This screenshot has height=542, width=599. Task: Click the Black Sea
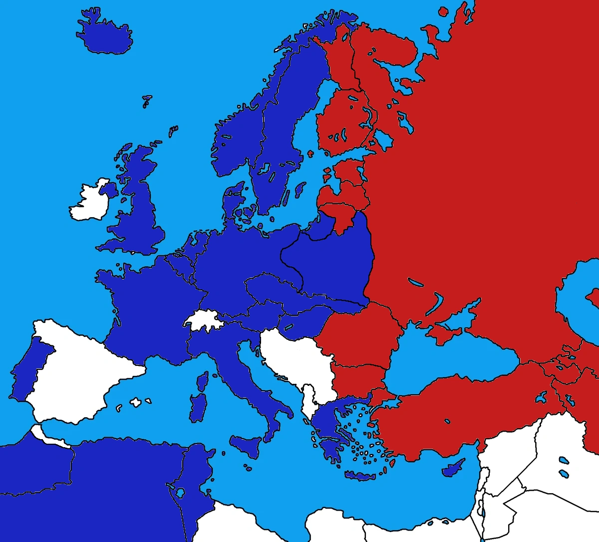pyautogui.click(x=449, y=359)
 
